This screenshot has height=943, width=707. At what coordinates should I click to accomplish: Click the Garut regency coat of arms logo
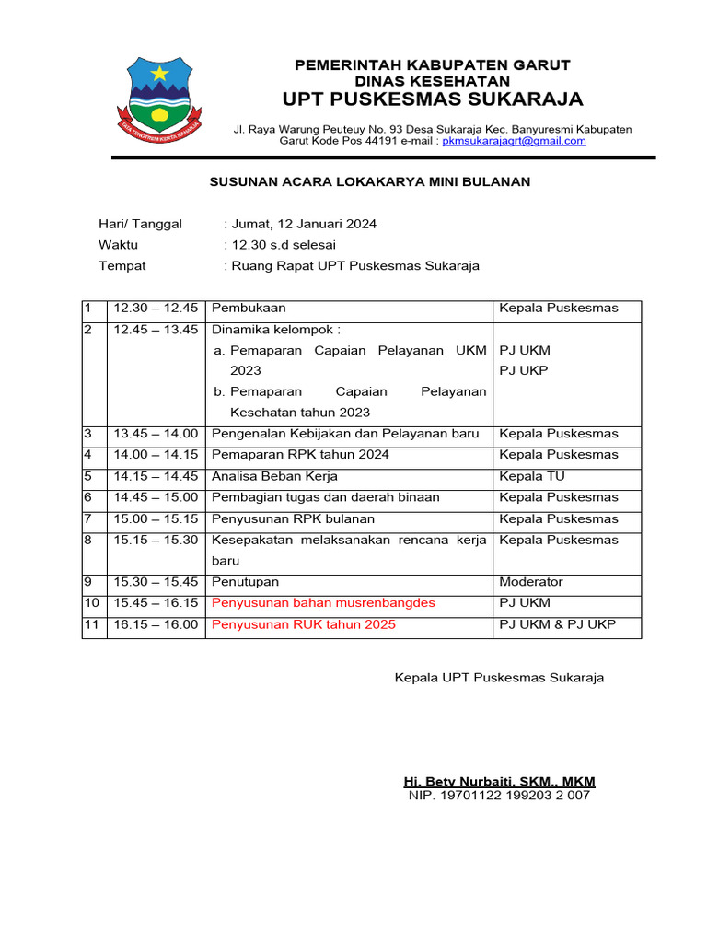[x=160, y=98]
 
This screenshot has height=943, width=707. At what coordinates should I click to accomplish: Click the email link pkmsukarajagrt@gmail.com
[x=514, y=141]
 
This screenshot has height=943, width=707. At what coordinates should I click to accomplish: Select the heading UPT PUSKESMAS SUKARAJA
[x=432, y=99]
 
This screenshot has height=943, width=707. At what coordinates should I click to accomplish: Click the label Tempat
[x=122, y=266]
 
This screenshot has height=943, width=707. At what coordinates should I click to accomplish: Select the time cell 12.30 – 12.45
[x=156, y=309]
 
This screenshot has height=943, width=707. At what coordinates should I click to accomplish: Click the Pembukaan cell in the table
[x=249, y=309]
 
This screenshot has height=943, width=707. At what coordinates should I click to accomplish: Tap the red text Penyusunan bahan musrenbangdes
[x=323, y=603]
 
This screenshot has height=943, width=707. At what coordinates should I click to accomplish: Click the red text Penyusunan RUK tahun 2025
[x=304, y=624]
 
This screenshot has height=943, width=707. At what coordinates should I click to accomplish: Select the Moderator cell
[x=530, y=582]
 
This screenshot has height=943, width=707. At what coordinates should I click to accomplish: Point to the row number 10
[x=91, y=603]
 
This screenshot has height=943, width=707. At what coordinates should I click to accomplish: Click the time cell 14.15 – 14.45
[x=156, y=476]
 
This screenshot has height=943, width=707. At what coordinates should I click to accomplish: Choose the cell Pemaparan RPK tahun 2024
[x=300, y=455]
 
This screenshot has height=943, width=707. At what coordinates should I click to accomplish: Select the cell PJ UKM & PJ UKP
[x=557, y=624]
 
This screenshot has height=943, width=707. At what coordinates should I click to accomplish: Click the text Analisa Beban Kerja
[x=274, y=476]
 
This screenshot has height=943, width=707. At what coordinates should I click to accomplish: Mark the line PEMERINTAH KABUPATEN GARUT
[x=432, y=64]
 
